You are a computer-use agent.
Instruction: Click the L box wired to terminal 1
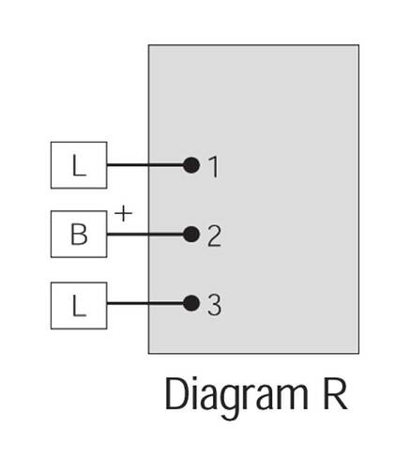point(79,165)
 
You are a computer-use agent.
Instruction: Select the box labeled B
point(79,235)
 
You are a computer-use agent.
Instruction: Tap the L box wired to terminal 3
point(79,306)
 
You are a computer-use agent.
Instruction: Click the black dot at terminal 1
point(191,165)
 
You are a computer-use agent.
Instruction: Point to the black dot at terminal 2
point(191,235)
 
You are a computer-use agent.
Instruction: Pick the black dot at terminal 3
point(191,303)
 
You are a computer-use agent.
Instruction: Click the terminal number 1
point(214,167)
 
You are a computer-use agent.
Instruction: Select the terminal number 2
point(214,237)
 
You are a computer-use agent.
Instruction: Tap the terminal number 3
point(214,305)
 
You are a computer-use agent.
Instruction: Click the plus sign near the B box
point(124,214)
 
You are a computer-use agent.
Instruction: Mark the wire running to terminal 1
point(145,165)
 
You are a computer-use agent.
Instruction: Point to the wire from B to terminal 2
point(145,235)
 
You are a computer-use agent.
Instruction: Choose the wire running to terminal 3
point(145,303)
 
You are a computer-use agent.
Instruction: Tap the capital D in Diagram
point(177,394)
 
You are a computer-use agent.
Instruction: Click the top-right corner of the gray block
point(358,45)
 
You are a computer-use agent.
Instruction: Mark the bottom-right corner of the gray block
point(358,354)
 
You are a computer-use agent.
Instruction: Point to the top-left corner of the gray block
point(148,45)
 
